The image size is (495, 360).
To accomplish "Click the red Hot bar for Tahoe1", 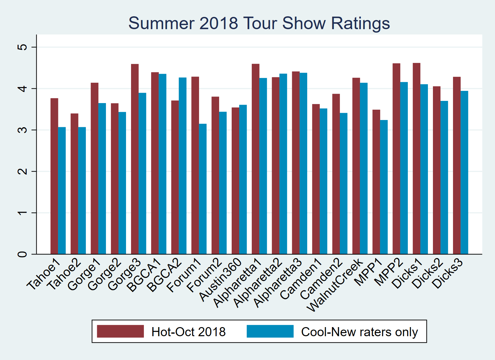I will tap(54, 176).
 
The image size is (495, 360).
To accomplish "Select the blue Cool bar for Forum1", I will tap(203, 189).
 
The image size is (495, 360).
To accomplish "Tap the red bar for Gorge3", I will tap(135, 159).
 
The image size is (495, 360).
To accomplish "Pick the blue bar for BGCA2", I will tap(183, 166).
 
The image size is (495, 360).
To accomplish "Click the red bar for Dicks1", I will tap(417, 159).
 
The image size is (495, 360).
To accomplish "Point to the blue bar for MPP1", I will tap(384, 187).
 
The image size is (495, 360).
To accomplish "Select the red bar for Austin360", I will tap(235, 181).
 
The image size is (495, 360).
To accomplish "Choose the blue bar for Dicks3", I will tap(464, 172).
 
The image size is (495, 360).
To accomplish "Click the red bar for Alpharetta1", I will tap(255, 159).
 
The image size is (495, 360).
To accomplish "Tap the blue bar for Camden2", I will tap(344, 183).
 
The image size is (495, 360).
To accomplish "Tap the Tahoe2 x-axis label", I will tap(64, 274).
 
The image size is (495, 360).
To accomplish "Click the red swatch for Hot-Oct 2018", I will tap(120, 331).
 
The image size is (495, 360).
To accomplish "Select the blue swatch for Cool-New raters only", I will tap(270, 331).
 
